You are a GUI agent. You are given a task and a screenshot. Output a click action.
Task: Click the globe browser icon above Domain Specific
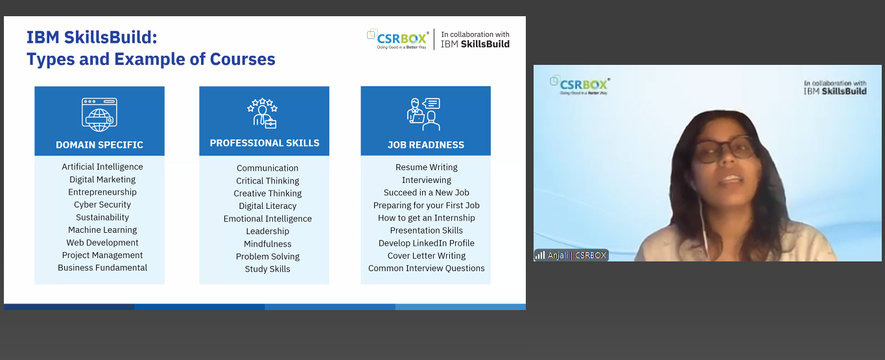(x=99, y=115)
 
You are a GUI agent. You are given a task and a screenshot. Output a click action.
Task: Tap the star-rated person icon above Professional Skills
(x=263, y=114)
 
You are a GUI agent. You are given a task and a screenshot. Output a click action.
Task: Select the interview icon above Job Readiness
(x=423, y=114)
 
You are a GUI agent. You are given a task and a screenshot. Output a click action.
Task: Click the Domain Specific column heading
(x=99, y=145)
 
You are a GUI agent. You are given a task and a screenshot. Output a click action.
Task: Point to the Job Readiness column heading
(x=425, y=145)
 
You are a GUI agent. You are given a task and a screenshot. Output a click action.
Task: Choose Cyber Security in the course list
(x=102, y=205)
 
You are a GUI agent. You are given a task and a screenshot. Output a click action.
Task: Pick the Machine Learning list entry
(x=102, y=230)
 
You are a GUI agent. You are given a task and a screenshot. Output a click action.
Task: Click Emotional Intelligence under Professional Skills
(x=268, y=219)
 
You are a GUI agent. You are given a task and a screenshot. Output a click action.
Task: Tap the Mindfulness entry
(x=268, y=244)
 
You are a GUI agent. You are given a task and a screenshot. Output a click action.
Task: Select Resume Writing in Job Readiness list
(x=427, y=167)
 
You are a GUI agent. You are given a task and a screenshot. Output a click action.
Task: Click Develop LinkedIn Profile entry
(x=427, y=243)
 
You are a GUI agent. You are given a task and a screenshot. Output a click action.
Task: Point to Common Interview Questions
(x=427, y=269)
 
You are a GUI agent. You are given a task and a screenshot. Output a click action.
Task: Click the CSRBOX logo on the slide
(x=398, y=39)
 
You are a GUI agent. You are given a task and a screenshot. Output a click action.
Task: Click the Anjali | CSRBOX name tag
(x=571, y=256)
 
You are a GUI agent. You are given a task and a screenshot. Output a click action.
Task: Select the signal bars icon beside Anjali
(x=539, y=256)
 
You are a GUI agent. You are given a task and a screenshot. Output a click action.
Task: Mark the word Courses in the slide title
(x=242, y=59)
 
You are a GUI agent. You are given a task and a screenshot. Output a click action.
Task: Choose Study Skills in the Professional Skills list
(x=268, y=269)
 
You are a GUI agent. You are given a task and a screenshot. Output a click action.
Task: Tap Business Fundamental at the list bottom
(x=102, y=268)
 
